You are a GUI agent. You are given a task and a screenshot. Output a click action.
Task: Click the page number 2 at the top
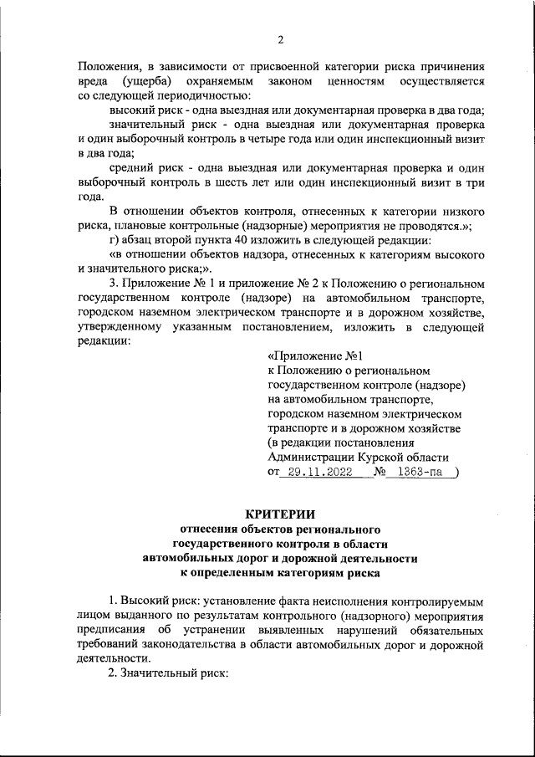[x=281, y=39]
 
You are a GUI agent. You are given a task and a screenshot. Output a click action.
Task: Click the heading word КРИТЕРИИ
[x=281, y=514]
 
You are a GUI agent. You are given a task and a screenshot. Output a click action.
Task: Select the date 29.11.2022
[x=318, y=472]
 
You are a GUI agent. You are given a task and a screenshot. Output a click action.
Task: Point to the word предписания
[x=112, y=629]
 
